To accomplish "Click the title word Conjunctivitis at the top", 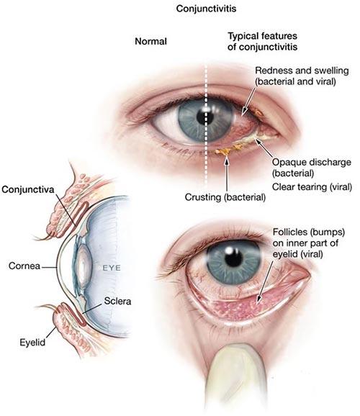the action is (206, 9).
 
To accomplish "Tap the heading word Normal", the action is (150, 42).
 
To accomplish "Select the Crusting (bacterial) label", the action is (225, 197).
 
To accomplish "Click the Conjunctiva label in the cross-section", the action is (28, 189).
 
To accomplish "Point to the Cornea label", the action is (24, 266).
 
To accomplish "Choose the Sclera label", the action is (117, 301).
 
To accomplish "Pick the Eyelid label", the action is (32, 343).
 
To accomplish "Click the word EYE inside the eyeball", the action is (112, 268).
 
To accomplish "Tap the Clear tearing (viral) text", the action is (312, 187).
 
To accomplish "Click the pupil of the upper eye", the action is (205, 117).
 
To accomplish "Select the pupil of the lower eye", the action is (233, 257).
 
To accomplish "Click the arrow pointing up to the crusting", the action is (227, 173).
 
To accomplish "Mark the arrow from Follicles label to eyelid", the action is (265, 281).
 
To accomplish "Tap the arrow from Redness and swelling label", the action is (249, 102).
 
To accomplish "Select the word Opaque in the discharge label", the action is (288, 163).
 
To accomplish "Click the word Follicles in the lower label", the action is (289, 232).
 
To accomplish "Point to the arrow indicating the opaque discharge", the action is (264, 148).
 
